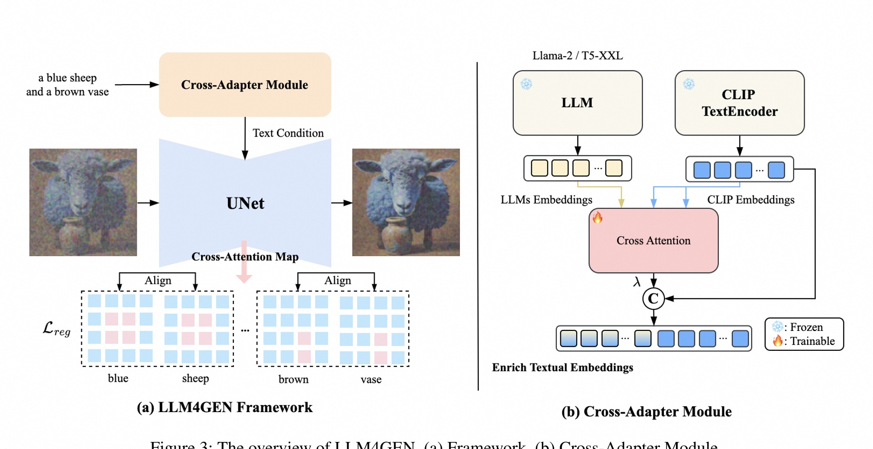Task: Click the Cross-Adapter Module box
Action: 244,85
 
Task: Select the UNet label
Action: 245,203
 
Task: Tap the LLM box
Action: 577,103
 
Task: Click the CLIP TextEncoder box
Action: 739,103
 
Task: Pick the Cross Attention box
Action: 654,241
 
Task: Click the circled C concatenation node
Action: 654,299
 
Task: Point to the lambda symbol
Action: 637,282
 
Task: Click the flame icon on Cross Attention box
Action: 597,217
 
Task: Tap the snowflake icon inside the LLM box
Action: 526,84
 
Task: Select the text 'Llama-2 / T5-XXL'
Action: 577,56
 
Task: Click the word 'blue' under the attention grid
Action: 118,379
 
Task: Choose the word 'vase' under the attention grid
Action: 371,380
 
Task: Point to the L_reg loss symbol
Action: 56,329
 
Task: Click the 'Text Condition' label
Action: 288,133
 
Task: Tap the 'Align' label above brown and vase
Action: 337,281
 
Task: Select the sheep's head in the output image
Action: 404,184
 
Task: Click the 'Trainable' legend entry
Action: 812,341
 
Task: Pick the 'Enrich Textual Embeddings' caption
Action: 562,368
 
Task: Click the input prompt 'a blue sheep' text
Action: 67,78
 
